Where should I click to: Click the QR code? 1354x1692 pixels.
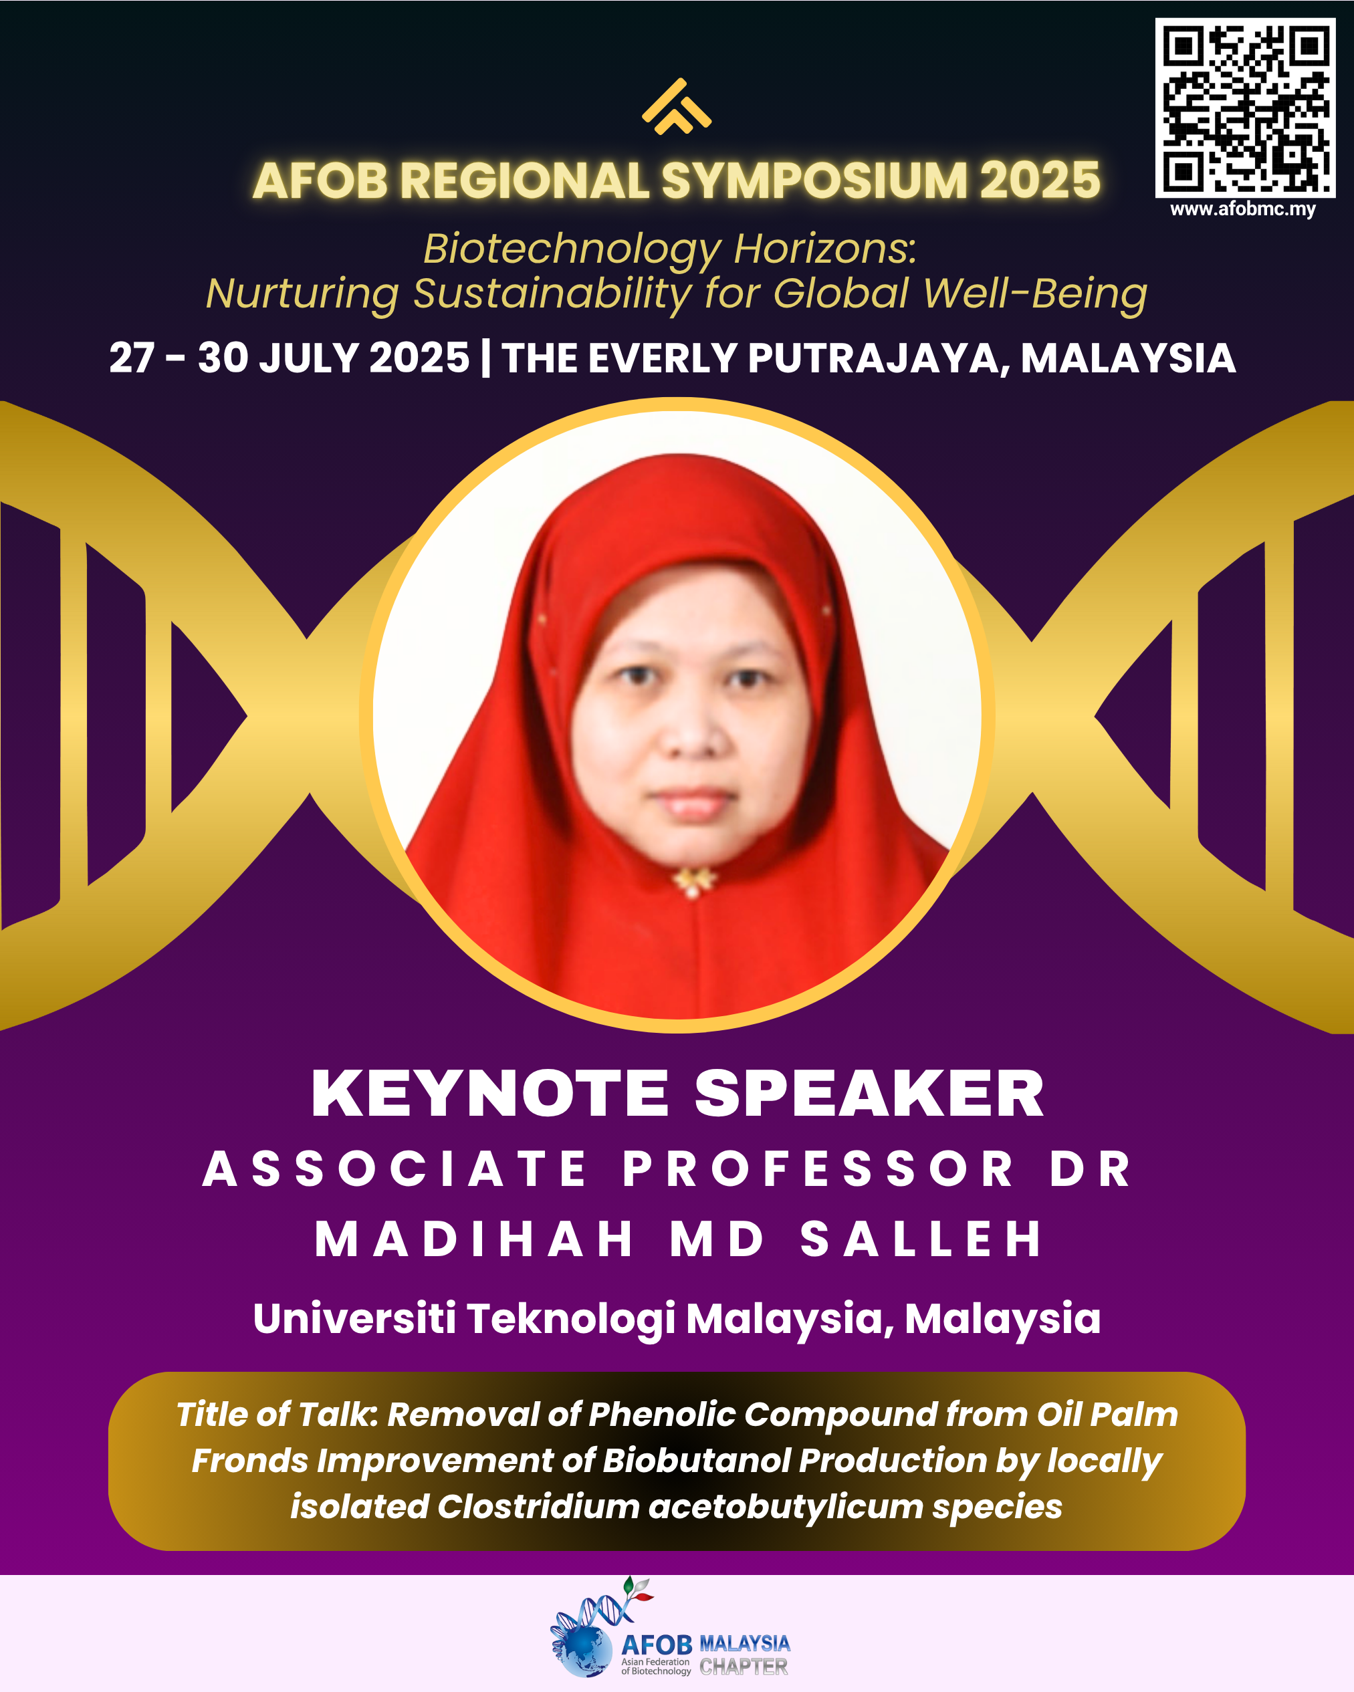1245,108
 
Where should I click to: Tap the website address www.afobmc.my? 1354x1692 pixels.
1242,209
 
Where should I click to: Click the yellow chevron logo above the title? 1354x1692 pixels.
677,107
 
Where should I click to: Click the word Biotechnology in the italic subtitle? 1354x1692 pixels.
572,249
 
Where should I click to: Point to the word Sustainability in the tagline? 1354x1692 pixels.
552,294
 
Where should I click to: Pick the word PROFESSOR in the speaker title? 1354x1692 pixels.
818,1169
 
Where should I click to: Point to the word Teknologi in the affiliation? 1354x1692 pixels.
570,1318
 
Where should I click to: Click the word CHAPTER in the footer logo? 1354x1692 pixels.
744,1667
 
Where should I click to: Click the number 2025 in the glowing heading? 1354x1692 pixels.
1039,180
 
